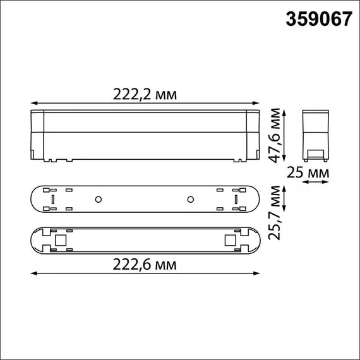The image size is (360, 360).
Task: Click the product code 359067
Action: click(319, 20)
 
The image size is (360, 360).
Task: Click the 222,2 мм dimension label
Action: click(145, 94)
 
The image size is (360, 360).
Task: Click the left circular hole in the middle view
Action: click(98, 200)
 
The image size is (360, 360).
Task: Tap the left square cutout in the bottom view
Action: click(61, 240)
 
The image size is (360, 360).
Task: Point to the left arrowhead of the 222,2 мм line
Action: click(33, 102)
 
